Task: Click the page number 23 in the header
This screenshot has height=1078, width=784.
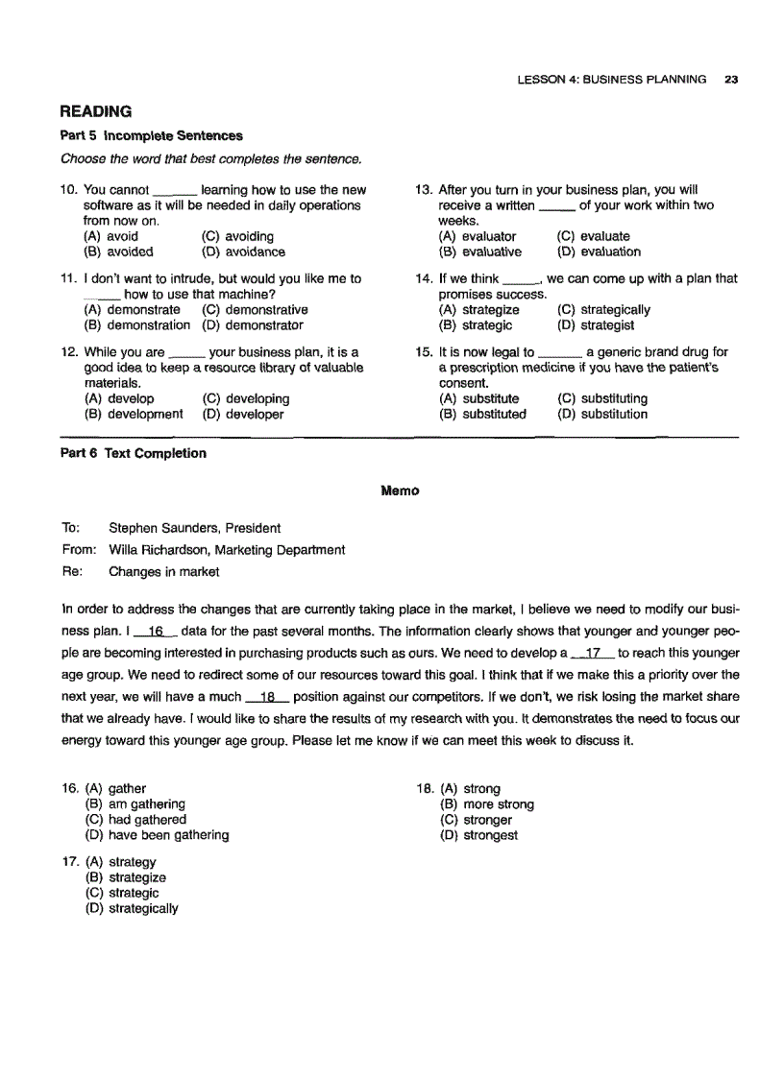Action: (731, 80)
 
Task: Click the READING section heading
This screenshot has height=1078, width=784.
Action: (96, 112)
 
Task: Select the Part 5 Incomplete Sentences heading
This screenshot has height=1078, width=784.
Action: (152, 136)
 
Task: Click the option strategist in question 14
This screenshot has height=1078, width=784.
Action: (607, 326)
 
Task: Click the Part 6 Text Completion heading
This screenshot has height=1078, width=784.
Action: (134, 454)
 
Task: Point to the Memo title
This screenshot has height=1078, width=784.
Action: (400, 491)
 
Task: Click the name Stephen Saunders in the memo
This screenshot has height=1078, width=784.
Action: (158, 528)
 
